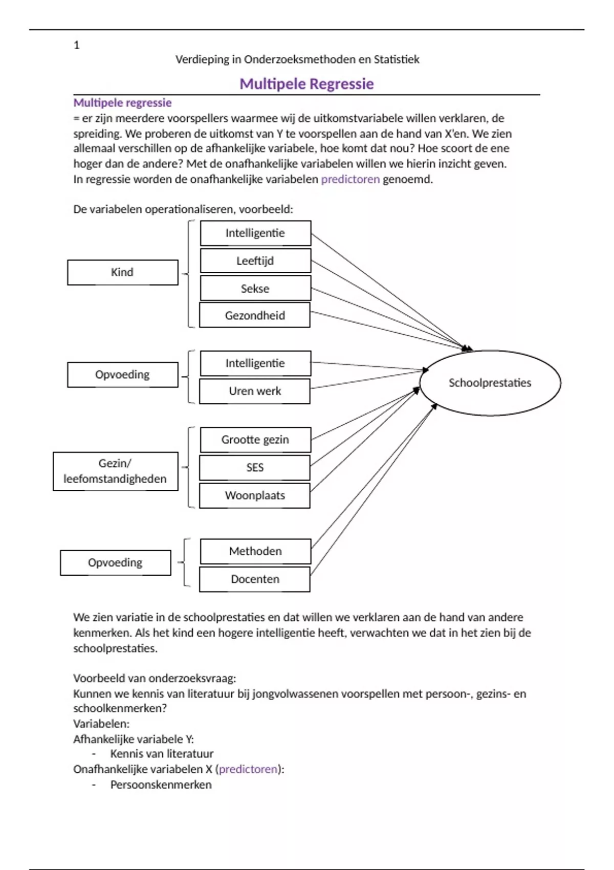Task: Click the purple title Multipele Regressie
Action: click(306, 84)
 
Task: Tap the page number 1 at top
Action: click(77, 45)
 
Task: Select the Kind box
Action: click(122, 272)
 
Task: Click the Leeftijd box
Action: click(255, 261)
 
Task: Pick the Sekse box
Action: click(255, 288)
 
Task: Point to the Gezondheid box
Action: click(255, 315)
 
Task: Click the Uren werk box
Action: click(255, 391)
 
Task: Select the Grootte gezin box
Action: click(255, 440)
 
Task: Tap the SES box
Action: click(255, 467)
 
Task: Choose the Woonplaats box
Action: click(255, 495)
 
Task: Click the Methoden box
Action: click(255, 551)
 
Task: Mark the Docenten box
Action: click(255, 579)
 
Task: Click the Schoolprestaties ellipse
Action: click(490, 383)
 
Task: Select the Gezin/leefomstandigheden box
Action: click(116, 471)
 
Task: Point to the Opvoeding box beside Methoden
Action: click(116, 562)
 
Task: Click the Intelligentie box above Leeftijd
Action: click(255, 233)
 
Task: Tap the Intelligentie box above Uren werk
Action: click(255, 363)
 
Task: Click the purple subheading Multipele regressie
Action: click(122, 103)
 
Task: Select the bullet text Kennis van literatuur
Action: click(162, 754)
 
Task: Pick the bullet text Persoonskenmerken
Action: click(161, 785)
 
